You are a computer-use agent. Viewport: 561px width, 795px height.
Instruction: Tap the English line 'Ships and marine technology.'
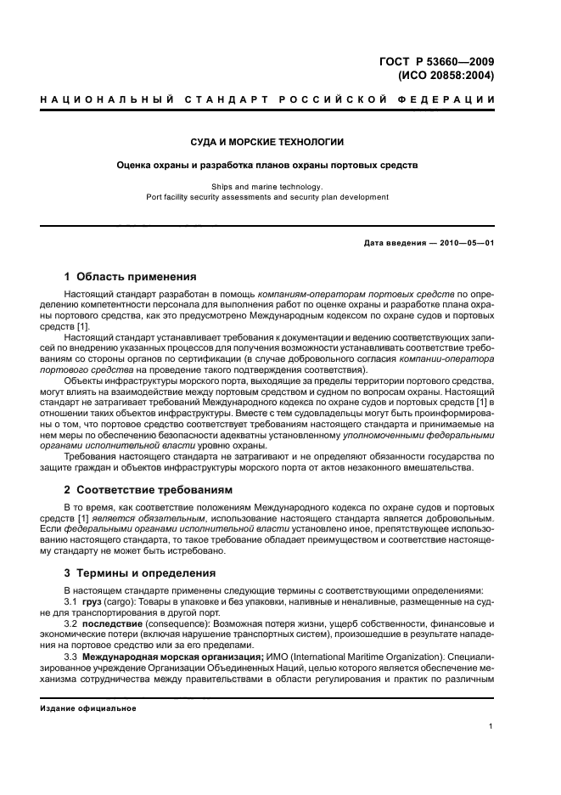point(267,186)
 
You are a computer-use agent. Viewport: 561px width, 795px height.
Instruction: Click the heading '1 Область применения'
point(131,276)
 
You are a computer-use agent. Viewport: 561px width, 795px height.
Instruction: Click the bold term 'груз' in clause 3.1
point(91,601)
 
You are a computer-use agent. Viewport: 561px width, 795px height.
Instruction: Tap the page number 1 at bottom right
point(491,726)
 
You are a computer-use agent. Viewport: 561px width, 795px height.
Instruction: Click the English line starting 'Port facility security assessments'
point(267,197)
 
